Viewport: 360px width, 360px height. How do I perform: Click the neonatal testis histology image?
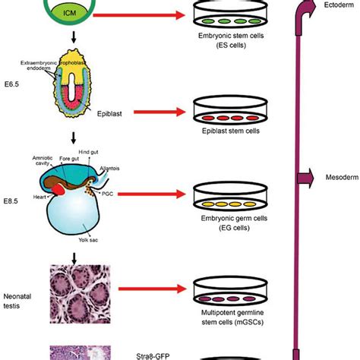click(76, 289)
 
